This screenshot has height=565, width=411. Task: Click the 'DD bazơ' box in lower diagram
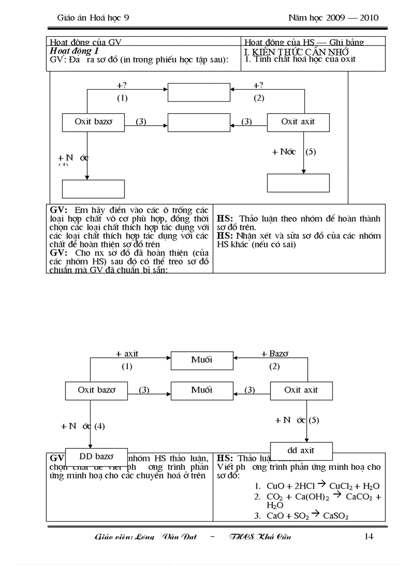(96, 457)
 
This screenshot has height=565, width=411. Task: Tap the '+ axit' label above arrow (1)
(127, 354)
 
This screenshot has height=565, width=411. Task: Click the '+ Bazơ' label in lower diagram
(275, 354)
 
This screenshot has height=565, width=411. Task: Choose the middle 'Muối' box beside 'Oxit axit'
(202, 390)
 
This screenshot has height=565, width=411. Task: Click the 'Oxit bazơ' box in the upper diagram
(93, 121)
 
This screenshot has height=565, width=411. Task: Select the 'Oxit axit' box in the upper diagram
(298, 121)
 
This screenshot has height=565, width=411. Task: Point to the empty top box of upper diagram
(198, 93)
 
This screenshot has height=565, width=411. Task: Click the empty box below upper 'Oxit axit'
(298, 182)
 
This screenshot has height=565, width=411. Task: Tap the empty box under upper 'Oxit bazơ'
(93, 188)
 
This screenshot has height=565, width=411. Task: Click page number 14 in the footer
(368, 536)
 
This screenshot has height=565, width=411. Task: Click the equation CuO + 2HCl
(317, 486)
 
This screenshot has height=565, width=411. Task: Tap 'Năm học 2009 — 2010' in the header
(333, 18)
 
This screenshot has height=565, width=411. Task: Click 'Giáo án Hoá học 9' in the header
(94, 18)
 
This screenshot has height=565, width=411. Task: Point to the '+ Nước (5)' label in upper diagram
(294, 151)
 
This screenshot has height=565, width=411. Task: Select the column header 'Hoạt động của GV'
(86, 42)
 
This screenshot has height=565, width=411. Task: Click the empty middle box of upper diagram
(198, 122)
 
